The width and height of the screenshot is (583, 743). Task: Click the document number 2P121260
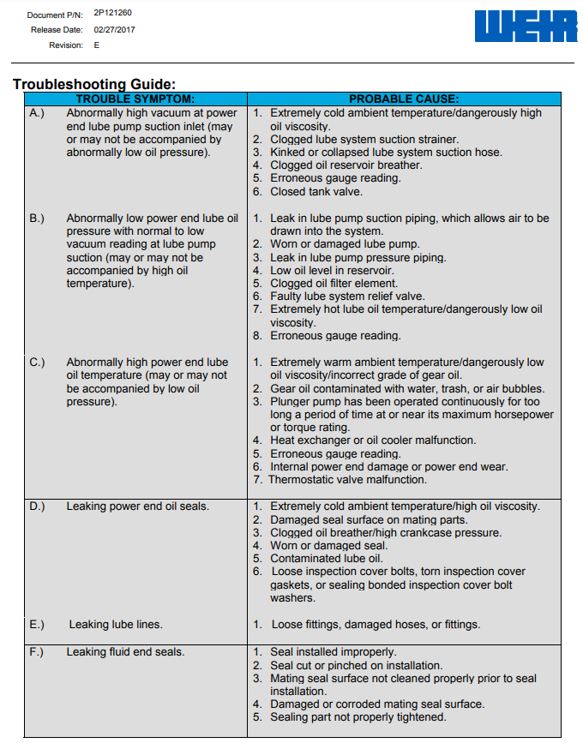click(112, 14)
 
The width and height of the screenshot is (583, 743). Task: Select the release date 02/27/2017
click(114, 29)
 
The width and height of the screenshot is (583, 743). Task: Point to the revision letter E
click(96, 45)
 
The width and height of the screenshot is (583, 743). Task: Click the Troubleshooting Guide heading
click(94, 84)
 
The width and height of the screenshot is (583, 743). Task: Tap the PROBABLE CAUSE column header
click(403, 99)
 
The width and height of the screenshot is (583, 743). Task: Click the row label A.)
click(37, 113)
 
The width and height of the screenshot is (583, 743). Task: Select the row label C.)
click(37, 363)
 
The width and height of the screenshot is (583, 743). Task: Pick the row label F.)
click(37, 652)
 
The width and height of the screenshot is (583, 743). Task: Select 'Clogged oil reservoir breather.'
click(334, 165)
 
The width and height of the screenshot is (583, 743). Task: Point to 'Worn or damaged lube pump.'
click(333, 244)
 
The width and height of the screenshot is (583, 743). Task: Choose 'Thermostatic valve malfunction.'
click(347, 480)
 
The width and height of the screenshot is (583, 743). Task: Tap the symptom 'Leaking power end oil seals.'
click(137, 506)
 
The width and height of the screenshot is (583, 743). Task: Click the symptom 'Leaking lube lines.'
click(116, 625)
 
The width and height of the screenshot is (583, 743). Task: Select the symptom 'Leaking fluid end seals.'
click(125, 652)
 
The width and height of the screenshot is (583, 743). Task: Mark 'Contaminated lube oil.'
click(326, 559)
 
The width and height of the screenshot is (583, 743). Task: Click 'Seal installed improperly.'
click(333, 652)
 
